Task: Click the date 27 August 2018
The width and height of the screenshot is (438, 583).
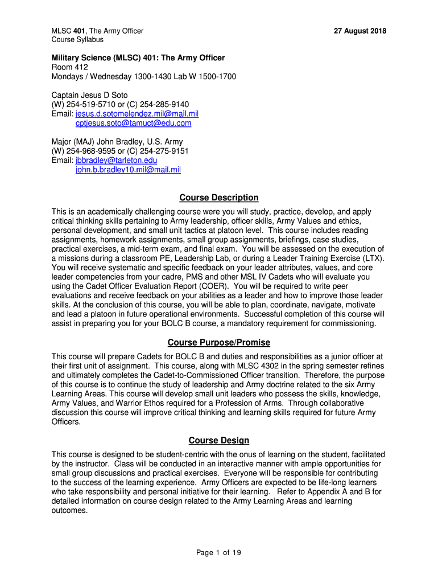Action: click(x=356, y=31)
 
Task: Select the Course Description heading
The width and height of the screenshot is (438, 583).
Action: click(x=219, y=198)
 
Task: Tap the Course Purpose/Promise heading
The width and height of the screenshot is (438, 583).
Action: click(x=219, y=342)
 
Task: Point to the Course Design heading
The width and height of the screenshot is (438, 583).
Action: click(x=219, y=440)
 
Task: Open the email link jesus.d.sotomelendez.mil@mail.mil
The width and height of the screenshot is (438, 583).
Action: click(x=137, y=114)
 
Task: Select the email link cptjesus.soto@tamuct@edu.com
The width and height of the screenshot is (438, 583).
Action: click(x=134, y=123)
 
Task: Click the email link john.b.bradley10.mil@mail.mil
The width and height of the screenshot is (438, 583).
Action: click(x=128, y=170)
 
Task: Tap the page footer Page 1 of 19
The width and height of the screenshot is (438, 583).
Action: click(x=219, y=552)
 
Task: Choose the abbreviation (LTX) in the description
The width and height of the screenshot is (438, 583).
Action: click(x=373, y=258)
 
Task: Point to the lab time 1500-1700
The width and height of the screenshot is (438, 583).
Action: click(x=215, y=77)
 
